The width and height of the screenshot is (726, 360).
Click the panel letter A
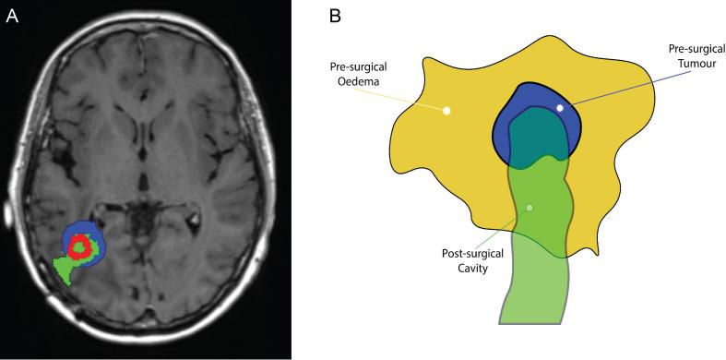click(13, 16)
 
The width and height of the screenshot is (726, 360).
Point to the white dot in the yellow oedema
click(447, 112)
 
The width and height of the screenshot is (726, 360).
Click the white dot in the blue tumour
click(560, 108)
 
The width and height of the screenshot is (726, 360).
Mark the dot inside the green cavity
click(530, 207)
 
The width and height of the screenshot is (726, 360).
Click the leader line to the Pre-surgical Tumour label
click(618, 84)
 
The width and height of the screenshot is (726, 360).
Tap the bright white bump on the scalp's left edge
click(8, 218)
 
